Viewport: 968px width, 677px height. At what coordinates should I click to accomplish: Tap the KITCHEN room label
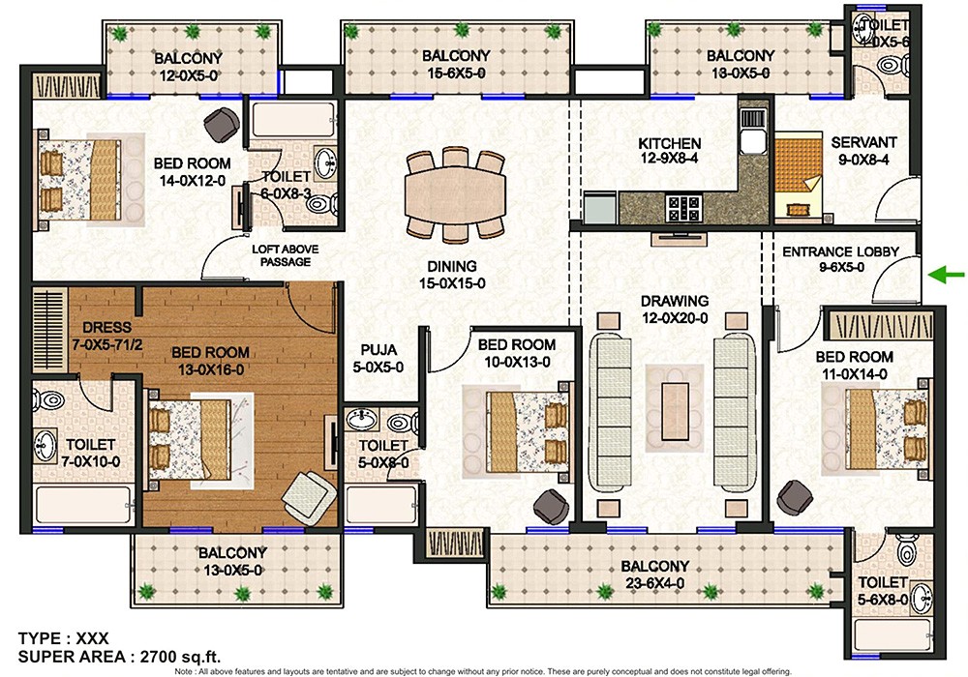pos(669,143)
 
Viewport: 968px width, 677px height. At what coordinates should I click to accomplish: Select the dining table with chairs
pos(453,193)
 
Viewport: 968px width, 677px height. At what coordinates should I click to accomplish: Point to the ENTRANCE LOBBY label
pos(840,252)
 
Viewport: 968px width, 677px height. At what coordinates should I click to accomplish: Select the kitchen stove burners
pos(683,205)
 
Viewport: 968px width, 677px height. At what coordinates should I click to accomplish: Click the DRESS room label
pos(106,327)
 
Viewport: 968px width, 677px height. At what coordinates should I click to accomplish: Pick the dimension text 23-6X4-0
pos(655,583)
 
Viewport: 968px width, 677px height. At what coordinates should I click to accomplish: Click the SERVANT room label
pos(863,142)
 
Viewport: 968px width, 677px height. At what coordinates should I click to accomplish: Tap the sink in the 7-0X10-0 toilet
pos(45,444)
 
